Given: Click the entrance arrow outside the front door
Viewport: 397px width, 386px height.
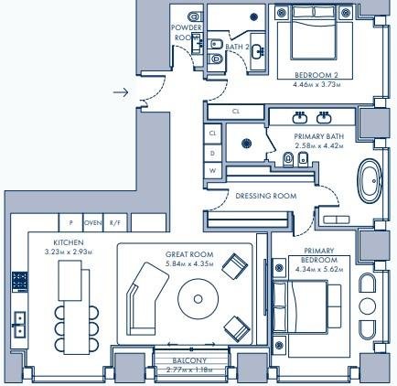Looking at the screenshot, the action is pyautogui.click(x=121, y=92).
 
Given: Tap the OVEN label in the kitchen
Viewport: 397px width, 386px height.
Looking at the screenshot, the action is pyautogui.click(x=93, y=223).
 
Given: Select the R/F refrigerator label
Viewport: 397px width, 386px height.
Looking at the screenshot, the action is pyautogui.click(x=115, y=223).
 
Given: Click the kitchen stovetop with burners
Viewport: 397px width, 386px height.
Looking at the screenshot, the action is pyautogui.click(x=20, y=282).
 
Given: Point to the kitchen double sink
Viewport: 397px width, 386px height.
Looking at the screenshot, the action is pyautogui.click(x=19, y=325).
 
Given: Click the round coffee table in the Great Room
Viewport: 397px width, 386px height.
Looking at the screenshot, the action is pyautogui.click(x=198, y=299).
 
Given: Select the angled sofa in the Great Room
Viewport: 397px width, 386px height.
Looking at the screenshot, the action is pyautogui.click(x=147, y=299).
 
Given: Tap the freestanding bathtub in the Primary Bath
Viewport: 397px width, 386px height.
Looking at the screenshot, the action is pyautogui.click(x=370, y=180).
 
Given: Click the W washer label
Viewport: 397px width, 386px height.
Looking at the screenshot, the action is pyautogui.click(x=212, y=171).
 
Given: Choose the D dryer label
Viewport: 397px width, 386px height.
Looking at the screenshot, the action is pyautogui.click(x=212, y=153).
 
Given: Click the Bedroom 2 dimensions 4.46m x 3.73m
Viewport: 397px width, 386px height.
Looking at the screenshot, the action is pyautogui.click(x=317, y=84).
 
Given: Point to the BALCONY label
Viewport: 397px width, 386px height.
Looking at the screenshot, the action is pyautogui.click(x=189, y=360).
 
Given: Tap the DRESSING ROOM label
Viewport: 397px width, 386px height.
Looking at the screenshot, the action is pyautogui.click(x=266, y=196).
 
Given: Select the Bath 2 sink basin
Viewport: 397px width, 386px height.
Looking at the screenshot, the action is pyautogui.click(x=258, y=51).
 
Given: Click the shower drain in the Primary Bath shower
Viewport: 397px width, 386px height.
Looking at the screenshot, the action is pyautogui.click(x=246, y=144).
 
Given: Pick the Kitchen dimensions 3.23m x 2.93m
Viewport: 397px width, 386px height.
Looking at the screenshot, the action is pyautogui.click(x=69, y=252).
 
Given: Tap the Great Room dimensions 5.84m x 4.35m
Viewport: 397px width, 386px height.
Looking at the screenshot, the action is pyautogui.click(x=189, y=263).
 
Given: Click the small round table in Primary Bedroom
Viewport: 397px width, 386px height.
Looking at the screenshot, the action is pyautogui.click(x=368, y=306).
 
